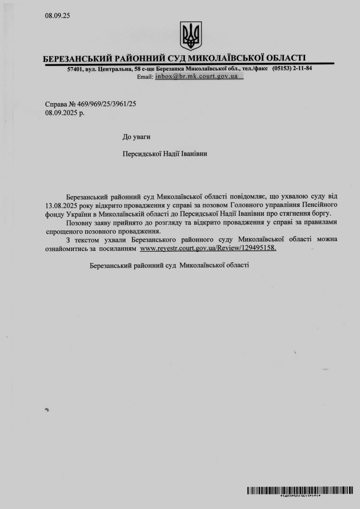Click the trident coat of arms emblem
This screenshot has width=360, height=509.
[191, 35]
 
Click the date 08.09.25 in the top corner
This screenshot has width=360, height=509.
[57, 15]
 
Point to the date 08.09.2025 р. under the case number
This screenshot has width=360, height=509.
[65, 113]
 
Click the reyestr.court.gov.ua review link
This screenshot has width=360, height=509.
[208, 248]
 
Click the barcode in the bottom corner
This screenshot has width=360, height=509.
[300, 491]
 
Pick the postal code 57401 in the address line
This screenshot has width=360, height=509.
[75, 69]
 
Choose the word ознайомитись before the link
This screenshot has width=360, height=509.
[66, 248]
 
